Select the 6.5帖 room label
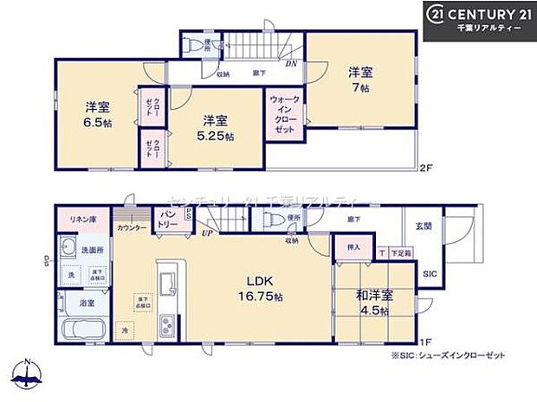pyautogui.click(x=97, y=115)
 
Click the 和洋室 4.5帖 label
pyautogui.click(x=375, y=302)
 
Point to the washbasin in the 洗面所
pyautogui.click(x=68, y=251)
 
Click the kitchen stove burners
pyautogui.click(x=167, y=329)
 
